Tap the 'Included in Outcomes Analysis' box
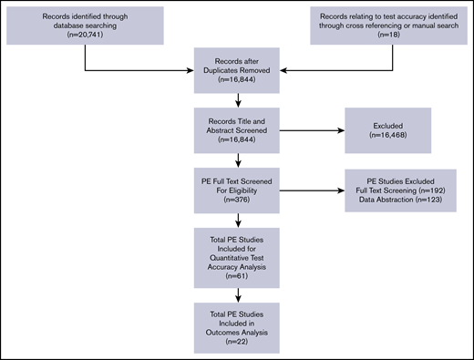[x=238, y=320]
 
